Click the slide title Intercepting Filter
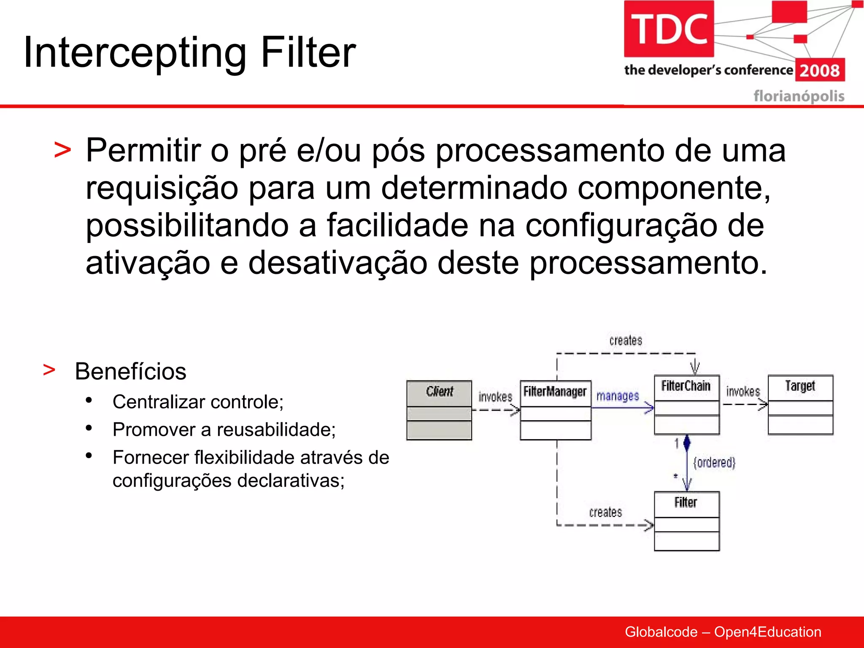(190, 52)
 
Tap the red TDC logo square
(669, 29)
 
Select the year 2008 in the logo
(820, 70)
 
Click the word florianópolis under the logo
(799, 96)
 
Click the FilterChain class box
(686, 405)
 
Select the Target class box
(800, 405)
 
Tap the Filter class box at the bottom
(686, 521)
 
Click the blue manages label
(617, 396)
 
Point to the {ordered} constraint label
(714, 463)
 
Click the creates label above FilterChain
(626, 340)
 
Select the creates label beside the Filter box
(605, 512)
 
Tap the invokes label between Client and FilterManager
(495, 397)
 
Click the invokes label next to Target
(742, 391)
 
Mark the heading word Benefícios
(130, 372)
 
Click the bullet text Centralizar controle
(198, 402)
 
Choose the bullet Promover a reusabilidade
(224, 430)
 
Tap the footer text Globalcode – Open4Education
(723, 632)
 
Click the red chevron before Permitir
(62, 151)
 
